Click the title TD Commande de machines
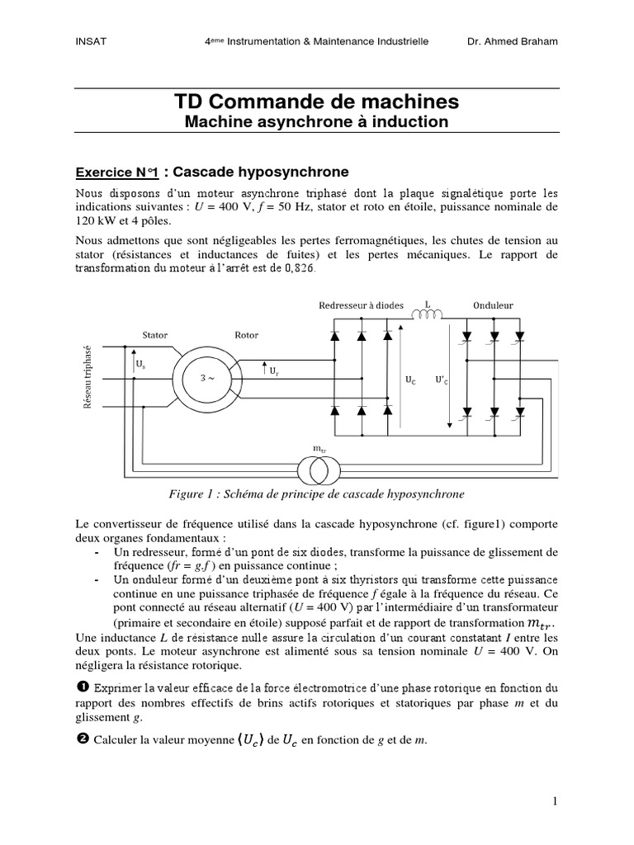click(316, 101)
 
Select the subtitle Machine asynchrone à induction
click(316, 122)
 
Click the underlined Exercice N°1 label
click(116, 172)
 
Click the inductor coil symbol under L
click(427, 314)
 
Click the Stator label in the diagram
click(155, 335)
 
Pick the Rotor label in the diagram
click(246, 335)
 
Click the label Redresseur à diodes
click(361, 305)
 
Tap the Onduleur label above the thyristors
click(493, 305)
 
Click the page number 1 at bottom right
click(556, 801)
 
